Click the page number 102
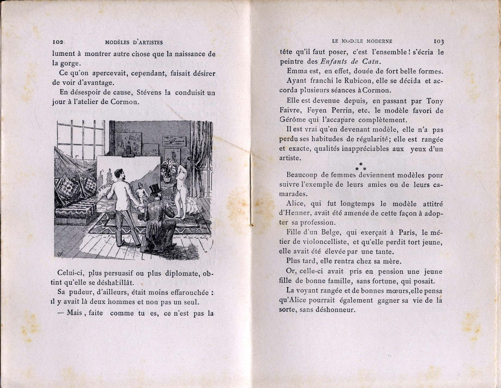(x=58, y=42)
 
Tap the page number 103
(x=439, y=41)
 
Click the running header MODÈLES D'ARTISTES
(x=134, y=43)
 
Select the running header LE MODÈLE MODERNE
(x=362, y=41)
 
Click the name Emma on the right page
(x=297, y=71)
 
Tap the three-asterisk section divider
(x=361, y=167)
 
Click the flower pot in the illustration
(x=166, y=179)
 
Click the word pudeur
(x=80, y=293)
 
